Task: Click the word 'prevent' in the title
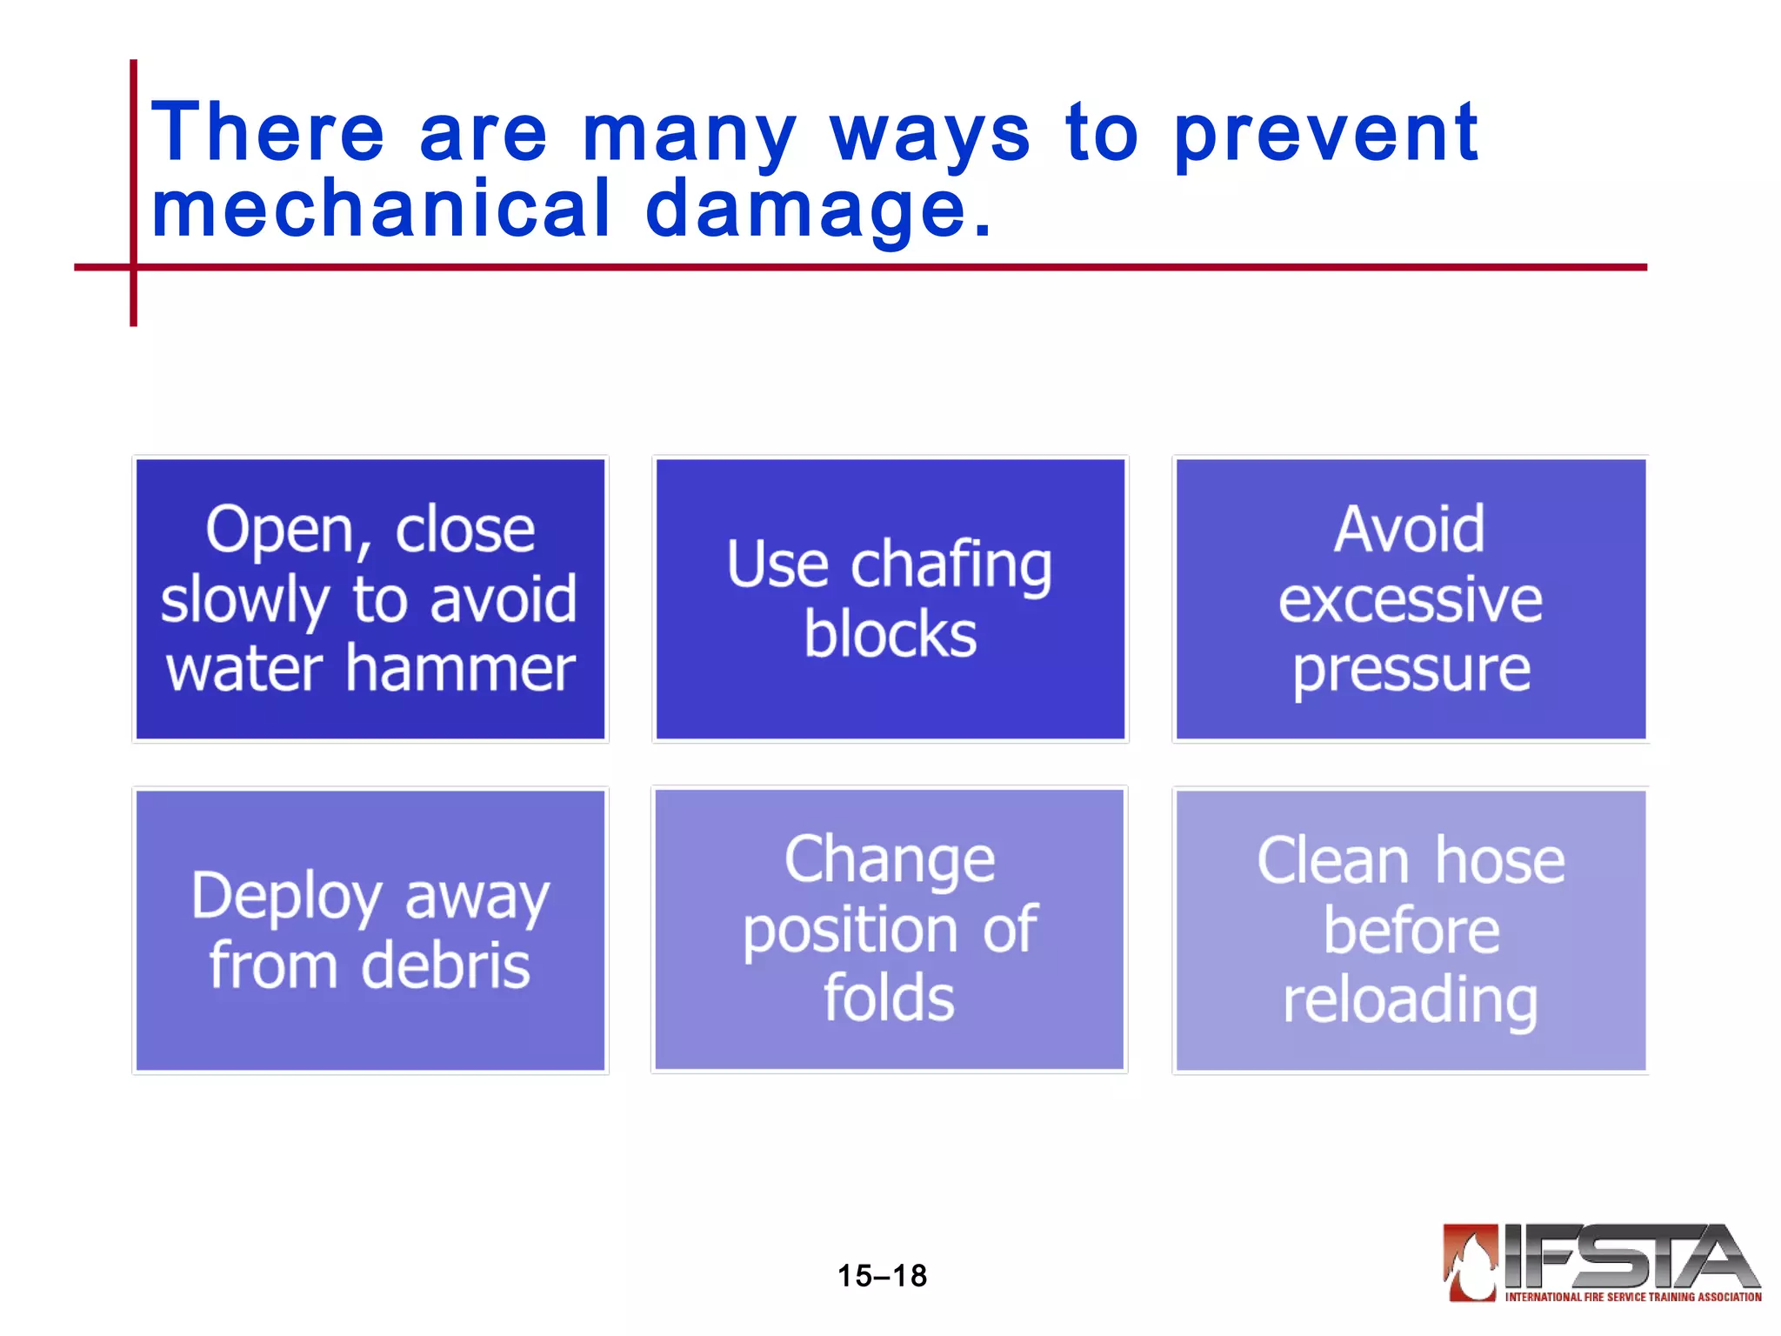tap(1325, 133)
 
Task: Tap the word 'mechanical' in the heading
tap(381, 209)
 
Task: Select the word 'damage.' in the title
tap(818, 209)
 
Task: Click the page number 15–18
tap(882, 1276)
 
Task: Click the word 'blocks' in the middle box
tap(890, 633)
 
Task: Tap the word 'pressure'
tap(1411, 670)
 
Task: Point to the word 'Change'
tap(890, 859)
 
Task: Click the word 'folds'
tap(889, 998)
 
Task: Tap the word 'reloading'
tap(1410, 1000)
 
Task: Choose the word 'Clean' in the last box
tap(1332, 861)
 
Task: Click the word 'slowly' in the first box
tap(245, 599)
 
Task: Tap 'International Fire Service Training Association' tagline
tap(1632, 1297)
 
